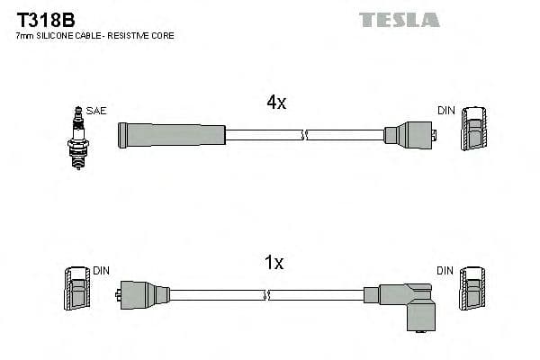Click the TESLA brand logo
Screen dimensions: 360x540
point(400,19)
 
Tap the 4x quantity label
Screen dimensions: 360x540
point(276,103)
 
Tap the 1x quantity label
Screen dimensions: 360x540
point(274,263)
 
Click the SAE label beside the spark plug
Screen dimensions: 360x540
point(97,111)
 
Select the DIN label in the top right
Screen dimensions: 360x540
point(446,111)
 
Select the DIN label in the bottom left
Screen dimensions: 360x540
point(102,270)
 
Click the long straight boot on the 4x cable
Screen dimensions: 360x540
point(171,135)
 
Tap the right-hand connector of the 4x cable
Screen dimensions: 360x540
point(409,135)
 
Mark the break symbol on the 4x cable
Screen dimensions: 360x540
point(305,135)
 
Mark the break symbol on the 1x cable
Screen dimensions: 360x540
point(266,294)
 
